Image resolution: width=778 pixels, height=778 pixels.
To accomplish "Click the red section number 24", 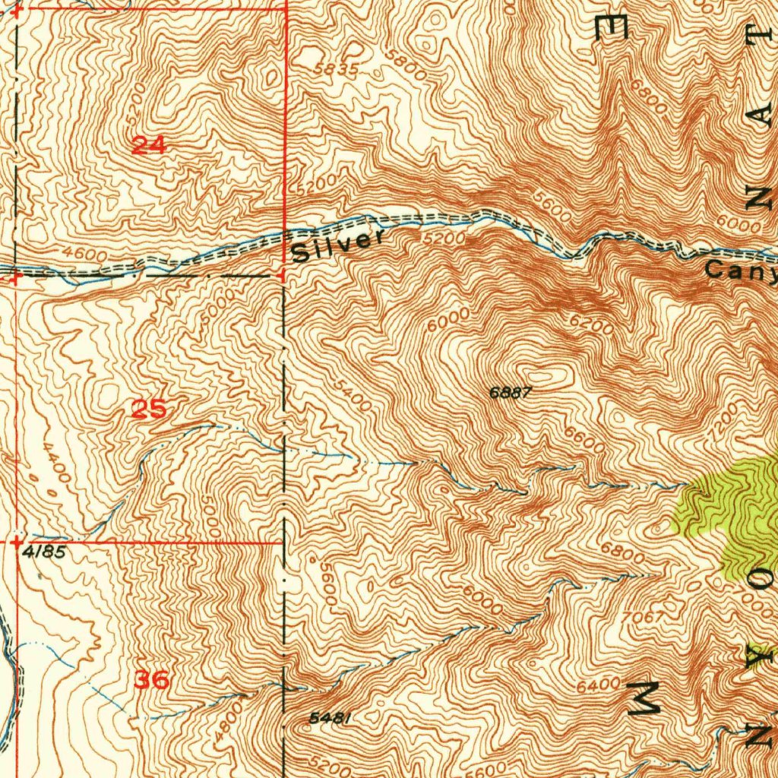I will click(149, 144).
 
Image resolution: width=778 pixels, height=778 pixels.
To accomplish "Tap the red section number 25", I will click(149, 410).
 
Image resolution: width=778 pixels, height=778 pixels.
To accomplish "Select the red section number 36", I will click(151, 679).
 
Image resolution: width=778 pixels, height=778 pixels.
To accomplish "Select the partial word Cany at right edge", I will click(740, 270).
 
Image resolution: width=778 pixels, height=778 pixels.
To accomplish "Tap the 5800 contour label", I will click(404, 68).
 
